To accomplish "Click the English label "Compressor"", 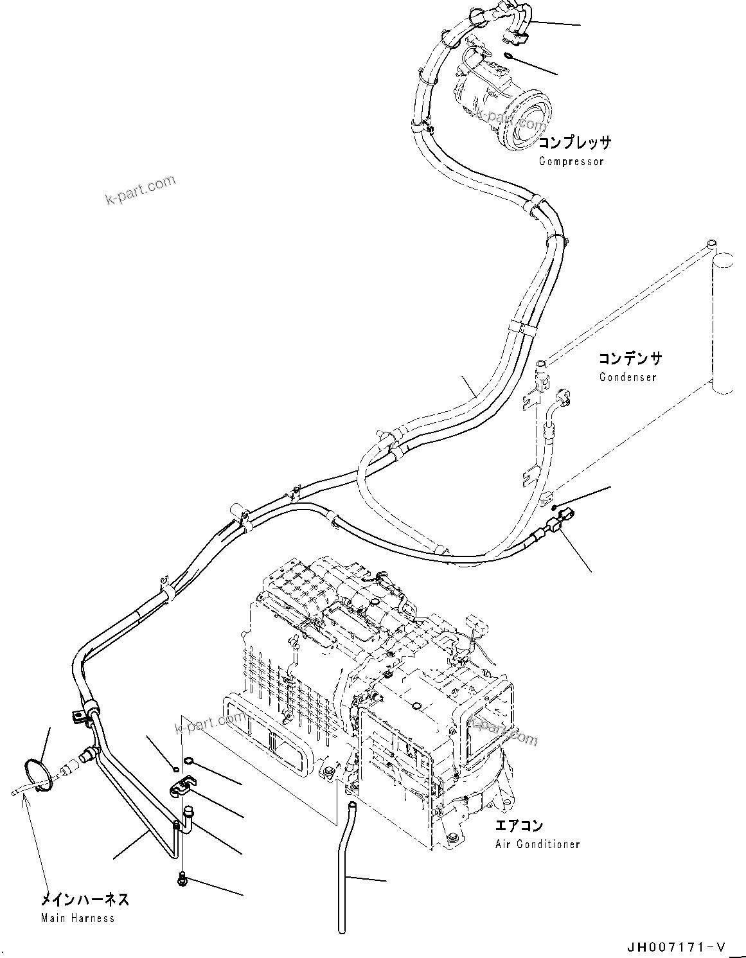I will pyautogui.click(x=571, y=161).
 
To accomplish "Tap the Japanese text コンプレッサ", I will pyautogui.click(x=574, y=143).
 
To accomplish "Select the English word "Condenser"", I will pyautogui.click(x=628, y=377).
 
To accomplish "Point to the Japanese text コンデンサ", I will pyautogui.click(x=630, y=359).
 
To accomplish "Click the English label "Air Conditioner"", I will pyautogui.click(x=537, y=844).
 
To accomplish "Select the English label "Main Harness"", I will pyautogui.click(x=78, y=918).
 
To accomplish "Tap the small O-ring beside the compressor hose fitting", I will pyautogui.click(x=507, y=55).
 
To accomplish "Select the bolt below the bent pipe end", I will pyautogui.click(x=182, y=878).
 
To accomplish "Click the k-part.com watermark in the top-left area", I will pyautogui.click(x=140, y=190).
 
